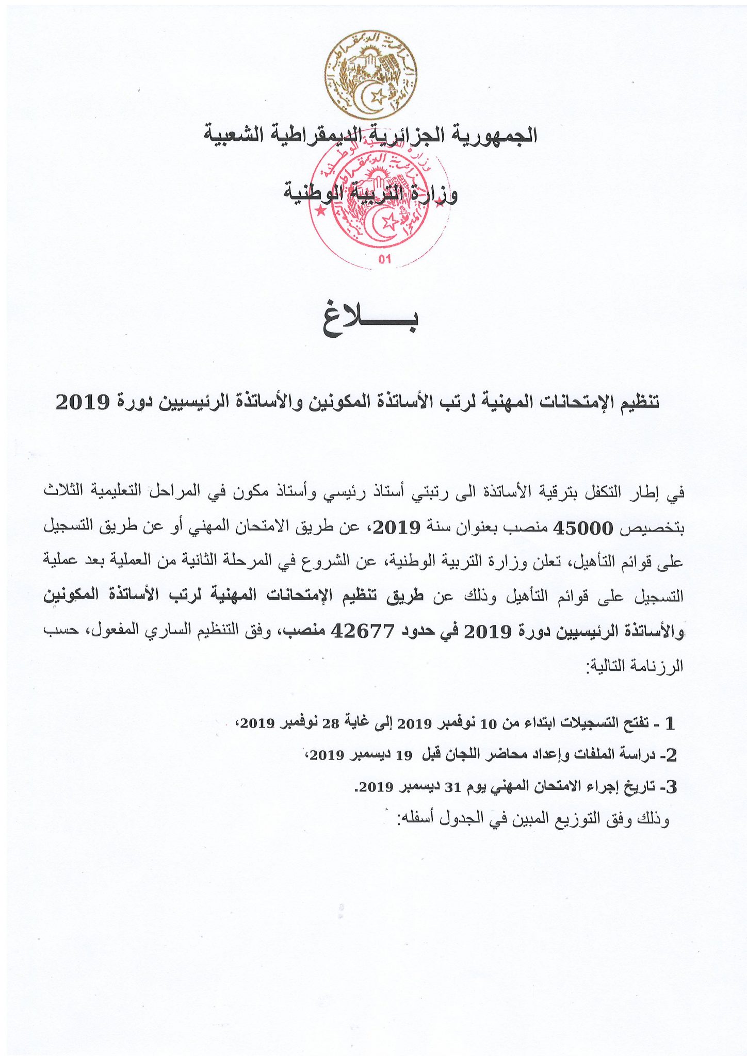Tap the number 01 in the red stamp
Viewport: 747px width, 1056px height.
pos(385,259)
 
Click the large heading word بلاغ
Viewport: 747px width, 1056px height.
pos(371,321)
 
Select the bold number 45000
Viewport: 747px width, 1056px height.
pos(583,528)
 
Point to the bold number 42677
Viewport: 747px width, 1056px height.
pos(363,631)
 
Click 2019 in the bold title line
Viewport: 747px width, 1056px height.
pos(83,402)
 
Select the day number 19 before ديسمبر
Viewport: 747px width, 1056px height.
pos(404,756)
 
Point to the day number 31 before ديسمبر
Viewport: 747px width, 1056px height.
pos(452,787)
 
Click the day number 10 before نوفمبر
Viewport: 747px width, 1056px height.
pos(488,724)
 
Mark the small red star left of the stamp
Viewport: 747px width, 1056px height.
pos(321,210)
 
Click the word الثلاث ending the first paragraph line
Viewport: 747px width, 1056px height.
pos(63,491)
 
